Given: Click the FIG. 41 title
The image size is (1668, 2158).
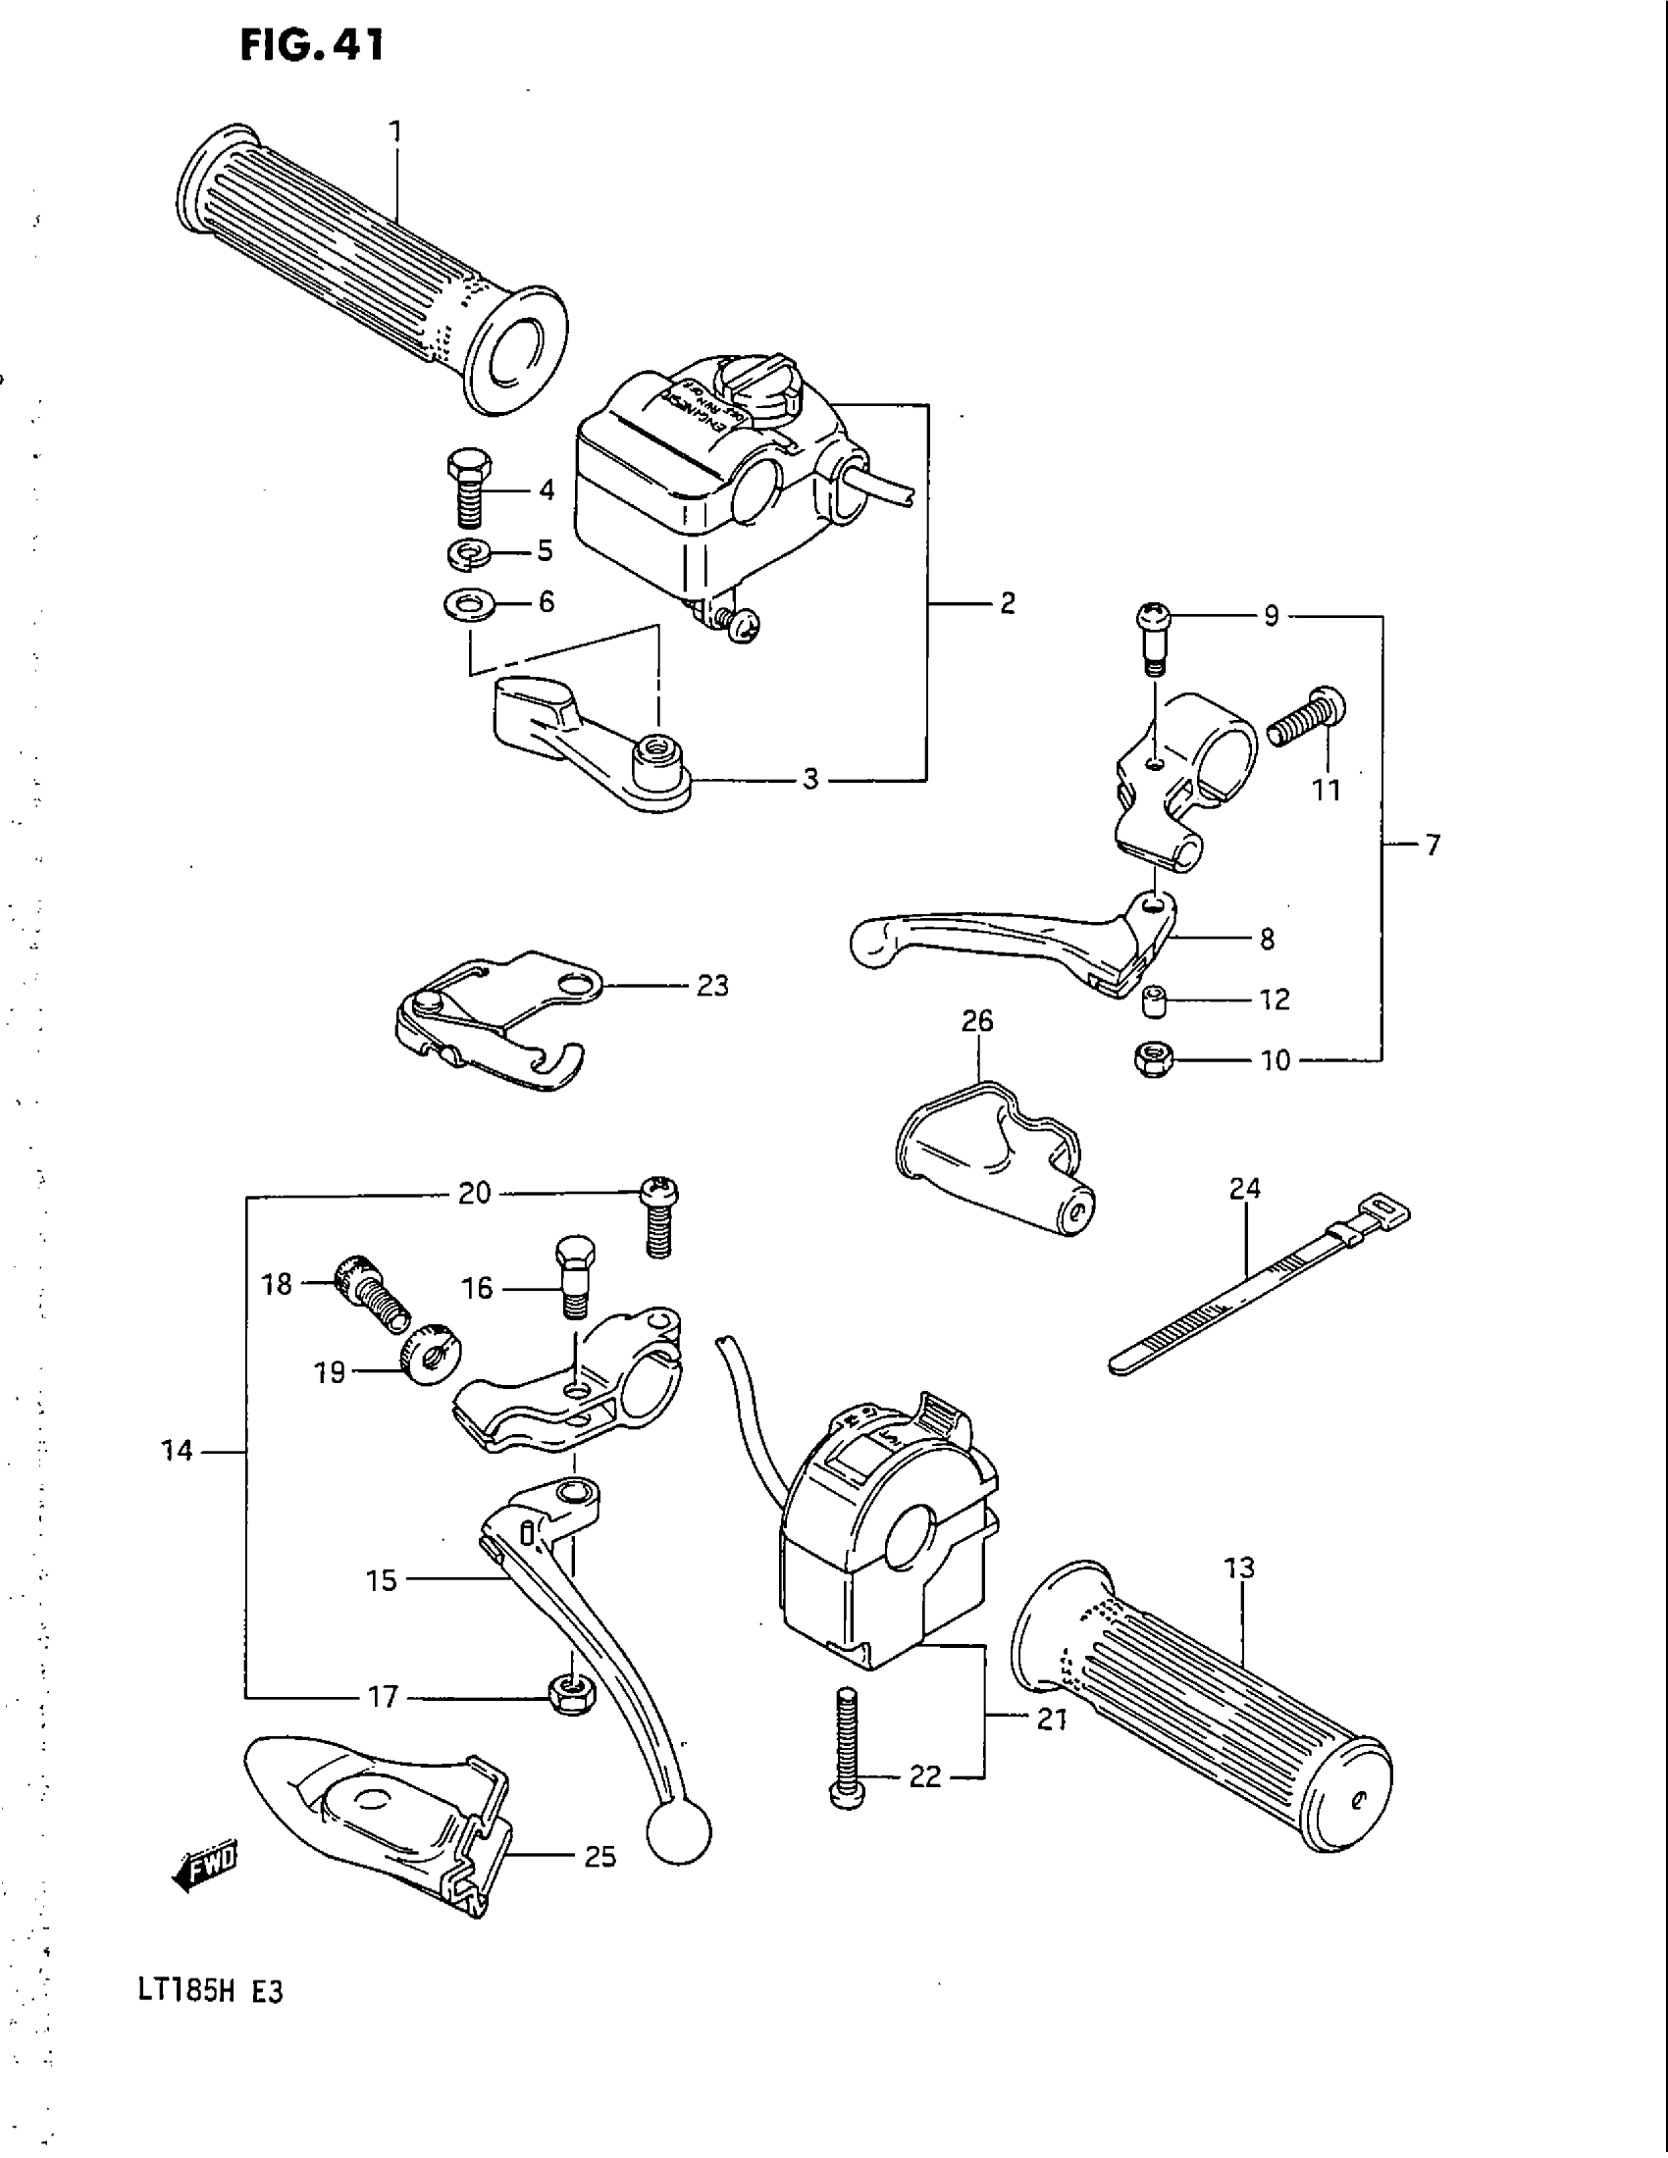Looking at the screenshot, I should point(312,44).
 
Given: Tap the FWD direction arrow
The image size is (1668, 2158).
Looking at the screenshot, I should point(205,1867).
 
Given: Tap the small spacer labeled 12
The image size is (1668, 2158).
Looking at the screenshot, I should point(1153,1002).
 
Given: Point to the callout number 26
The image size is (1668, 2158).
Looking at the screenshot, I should point(976,1021).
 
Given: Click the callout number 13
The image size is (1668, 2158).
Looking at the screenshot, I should point(1239,1567).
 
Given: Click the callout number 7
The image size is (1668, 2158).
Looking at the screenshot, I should point(1432,846).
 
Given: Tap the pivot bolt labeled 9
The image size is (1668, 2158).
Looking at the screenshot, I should point(1151,639).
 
